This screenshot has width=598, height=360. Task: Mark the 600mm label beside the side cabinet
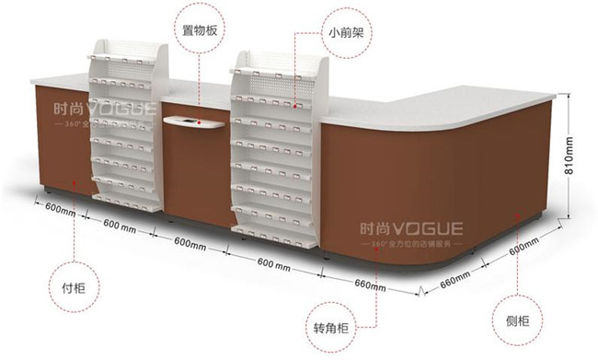pos(523,246)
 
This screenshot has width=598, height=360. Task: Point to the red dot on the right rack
pos(294,103)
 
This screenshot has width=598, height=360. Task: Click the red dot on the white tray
pos(195,121)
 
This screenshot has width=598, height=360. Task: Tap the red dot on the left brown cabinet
pos(75,170)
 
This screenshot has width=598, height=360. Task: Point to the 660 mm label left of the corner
pos(371,285)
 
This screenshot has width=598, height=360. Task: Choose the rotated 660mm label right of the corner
pos(455,277)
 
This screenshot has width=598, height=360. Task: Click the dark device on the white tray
pos(185,122)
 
